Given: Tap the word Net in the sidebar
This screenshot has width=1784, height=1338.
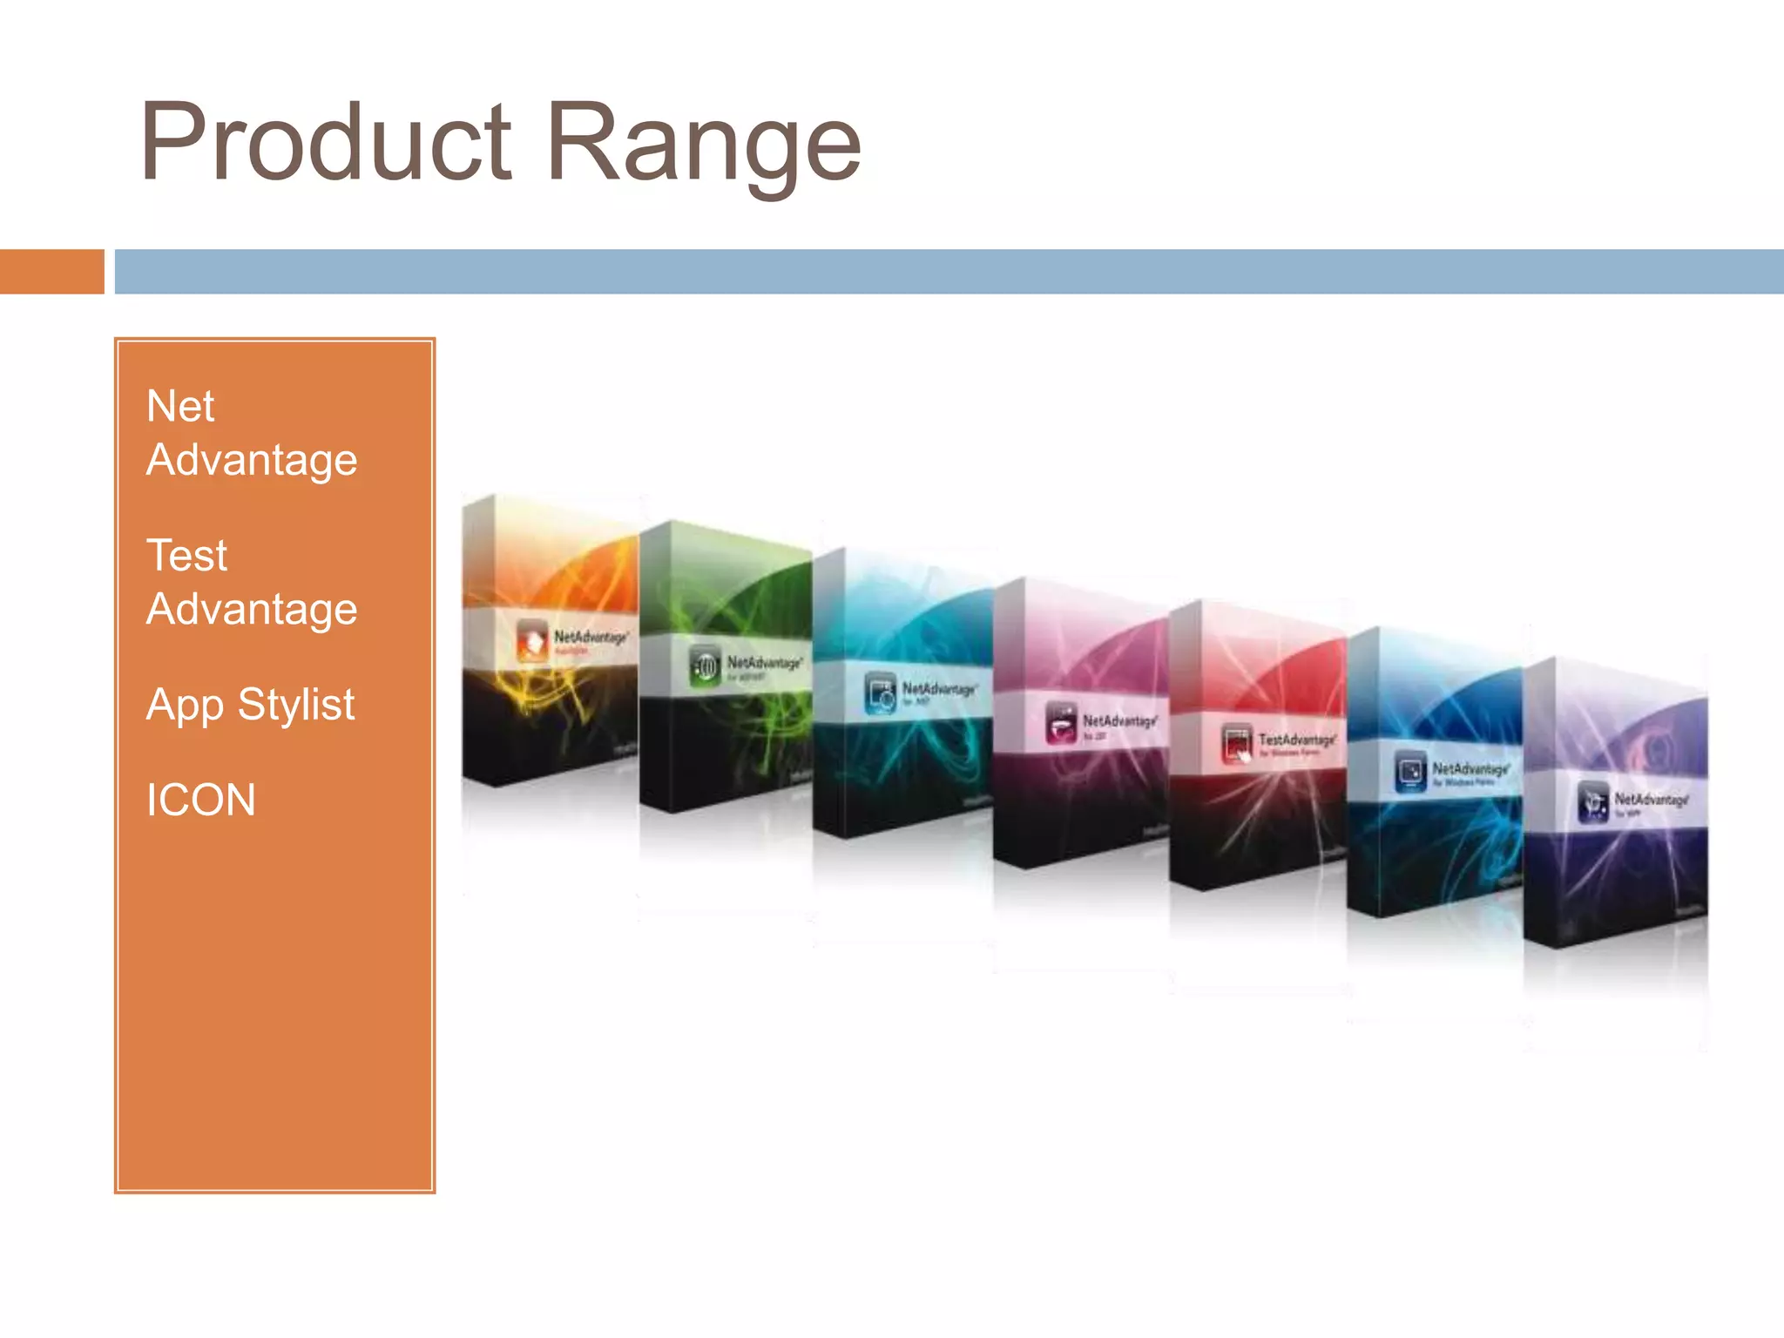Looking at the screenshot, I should [x=180, y=406].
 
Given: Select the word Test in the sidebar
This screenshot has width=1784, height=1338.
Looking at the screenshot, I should [x=186, y=555].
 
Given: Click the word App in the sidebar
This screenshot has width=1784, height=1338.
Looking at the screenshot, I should [x=185, y=705].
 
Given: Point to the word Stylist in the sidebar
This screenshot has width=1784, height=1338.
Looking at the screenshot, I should [x=296, y=704].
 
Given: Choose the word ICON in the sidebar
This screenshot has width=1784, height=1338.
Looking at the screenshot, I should [x=200, y=800].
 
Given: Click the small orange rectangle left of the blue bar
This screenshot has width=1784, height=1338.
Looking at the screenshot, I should [x=51, y=271].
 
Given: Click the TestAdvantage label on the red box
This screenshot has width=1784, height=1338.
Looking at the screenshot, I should [x=1296, y=740].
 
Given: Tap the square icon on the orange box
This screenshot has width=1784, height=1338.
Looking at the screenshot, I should [x=532, y=639].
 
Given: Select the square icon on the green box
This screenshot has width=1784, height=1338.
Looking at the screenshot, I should [x=705, y=666].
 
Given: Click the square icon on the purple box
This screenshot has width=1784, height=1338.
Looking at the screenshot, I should [x=1593, y=802].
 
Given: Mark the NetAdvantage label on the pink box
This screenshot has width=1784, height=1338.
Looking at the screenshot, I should [x=1119, y=720].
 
